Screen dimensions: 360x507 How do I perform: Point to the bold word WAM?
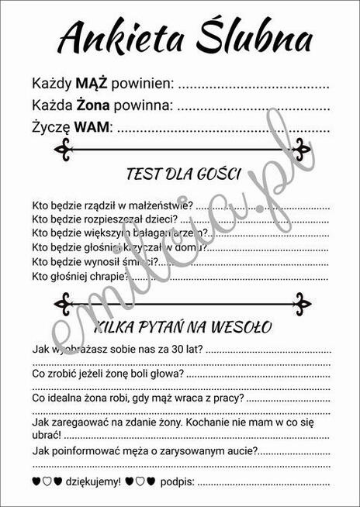pos(92,126)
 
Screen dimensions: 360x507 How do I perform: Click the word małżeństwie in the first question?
pos(158,206)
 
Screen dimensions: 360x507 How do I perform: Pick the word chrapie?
pos(109,276)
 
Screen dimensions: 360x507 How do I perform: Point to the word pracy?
pos(227,398)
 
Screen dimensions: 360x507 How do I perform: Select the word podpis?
pos(178,481)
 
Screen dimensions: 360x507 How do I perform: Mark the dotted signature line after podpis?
pos(264,483)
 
